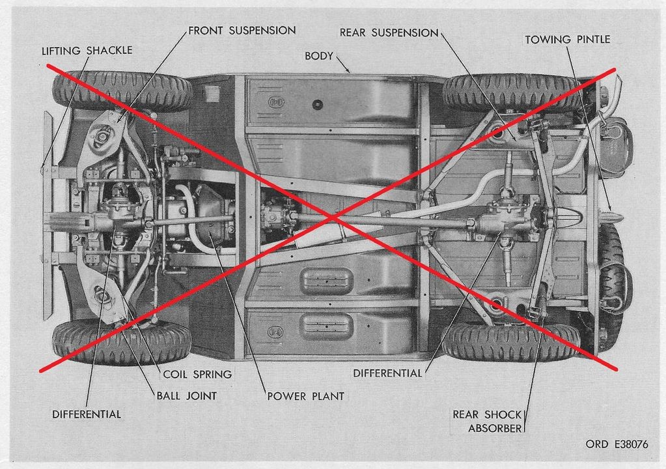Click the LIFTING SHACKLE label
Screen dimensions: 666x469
pyautogui.click(x=87, y=51)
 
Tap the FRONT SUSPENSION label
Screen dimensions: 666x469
pyautogui.click(x=242, y=31)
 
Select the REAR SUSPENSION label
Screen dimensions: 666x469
pyautogui.click(x=389, y=33)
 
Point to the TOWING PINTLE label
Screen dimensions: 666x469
pyautogui.click(x=568, y=40)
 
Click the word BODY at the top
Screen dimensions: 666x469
pyautogui.click(x=318, y=56)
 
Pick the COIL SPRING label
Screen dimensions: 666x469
pyautogui.click(x=197, y=375)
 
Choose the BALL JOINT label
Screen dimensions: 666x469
pyautogui.click(x=186, y=396)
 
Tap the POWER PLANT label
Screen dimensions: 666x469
pyautogui.click(x=305, y=396)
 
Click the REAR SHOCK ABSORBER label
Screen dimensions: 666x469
pyautogui.click(x=487, y=421)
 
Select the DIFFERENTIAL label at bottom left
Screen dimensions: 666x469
pyautogui.click(x=86, y=414)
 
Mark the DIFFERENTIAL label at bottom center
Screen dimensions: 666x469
pyautogui.click(x=387, y=373)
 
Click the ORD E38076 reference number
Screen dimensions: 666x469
pyautogui.click(x=617, y=444)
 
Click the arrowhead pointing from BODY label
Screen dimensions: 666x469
pyautogui.click(x=348, y=70)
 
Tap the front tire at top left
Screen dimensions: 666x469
pyautogui.click(x=122, y=91)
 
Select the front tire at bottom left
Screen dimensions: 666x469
pyautogui.click(x=122, y=341)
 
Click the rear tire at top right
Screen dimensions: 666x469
pyautogui.click(x=510, y=93)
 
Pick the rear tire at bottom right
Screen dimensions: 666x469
pyautogui.click(x=510, y=343)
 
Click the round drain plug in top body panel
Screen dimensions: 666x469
pyautogui.click(x=317, y=104)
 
